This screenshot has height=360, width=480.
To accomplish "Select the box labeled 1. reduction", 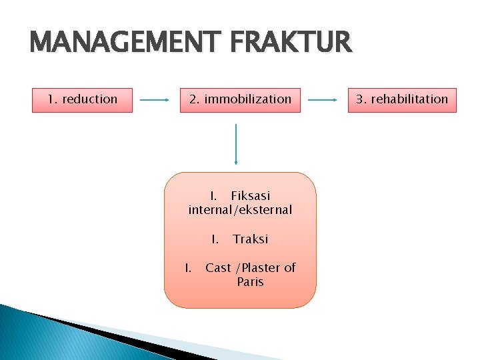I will click(82, 100).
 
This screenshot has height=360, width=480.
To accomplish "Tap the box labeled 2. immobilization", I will click(240, 100).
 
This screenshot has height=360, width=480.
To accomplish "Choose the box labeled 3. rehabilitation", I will click(401, 100).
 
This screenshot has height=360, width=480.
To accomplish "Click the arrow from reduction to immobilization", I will click(156, 101).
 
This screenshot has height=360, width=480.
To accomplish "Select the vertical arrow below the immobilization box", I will click(236, 143).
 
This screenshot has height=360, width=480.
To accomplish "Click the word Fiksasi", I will click(250, 196).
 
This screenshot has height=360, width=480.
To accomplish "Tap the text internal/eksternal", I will click(240, 210).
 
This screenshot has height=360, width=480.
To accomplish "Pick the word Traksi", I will click(251, 239).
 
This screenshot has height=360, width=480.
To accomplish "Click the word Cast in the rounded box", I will click(218, 268).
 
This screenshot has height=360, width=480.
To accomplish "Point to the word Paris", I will click(250, 282).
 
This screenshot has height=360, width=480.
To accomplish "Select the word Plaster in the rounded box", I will click(259, 268).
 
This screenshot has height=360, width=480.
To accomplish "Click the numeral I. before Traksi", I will click(215, 239).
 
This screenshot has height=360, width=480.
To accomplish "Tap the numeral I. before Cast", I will click(189, 268).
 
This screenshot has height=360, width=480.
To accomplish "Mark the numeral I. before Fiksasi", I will click(213, 196).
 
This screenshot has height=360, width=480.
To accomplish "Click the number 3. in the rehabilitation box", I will click(361, 99).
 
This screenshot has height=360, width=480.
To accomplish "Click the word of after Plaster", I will click(290, 268).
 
